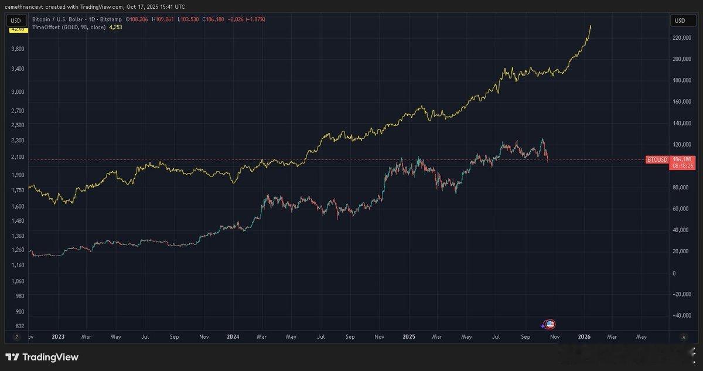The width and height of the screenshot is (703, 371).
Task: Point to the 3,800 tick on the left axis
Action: (x=18, y=49)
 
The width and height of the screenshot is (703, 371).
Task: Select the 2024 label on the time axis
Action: (x=233, y=337)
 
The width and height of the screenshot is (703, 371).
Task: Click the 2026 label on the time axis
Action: (x=583, y=337)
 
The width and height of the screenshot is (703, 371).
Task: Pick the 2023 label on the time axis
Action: (x=57, y=337)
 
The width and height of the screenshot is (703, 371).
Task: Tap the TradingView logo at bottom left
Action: (x=42, y=357)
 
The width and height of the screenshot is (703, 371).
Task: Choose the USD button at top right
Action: (x=680, y=21)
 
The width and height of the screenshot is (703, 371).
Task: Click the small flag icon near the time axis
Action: (x=550, y=324)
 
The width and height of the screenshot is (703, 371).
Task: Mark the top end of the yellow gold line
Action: (x=591, y=26)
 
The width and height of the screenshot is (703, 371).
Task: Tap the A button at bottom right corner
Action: (x=684, y=337)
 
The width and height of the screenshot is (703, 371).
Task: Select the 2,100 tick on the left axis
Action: (x=18, y=157)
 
